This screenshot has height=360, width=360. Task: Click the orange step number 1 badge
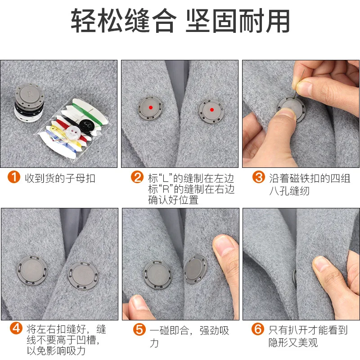pos(14,177)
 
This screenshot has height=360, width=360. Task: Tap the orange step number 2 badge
pos(137,177)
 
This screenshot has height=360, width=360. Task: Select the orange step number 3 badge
pos(259,177)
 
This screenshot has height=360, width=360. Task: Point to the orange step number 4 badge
pos(16,328)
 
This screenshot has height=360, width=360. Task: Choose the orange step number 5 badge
pos(139,329)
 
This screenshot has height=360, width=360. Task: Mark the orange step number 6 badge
pos(258,329)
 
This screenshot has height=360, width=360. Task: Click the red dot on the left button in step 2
pos(151,108)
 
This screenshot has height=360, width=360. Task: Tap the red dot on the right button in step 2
pos(212,110)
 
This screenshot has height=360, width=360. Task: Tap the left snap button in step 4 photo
pos(32,270)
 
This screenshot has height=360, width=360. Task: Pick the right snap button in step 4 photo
pos(83,276)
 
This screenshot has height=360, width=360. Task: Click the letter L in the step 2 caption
pos(165,178)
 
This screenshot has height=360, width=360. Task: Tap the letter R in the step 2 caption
pos(166,189)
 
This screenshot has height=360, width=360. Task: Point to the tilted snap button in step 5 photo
pos(196,269)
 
